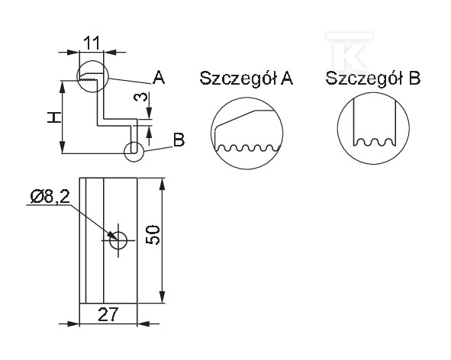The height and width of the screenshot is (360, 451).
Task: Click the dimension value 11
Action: [x=92, y=43]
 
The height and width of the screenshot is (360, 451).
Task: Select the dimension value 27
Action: [x=108, y=314]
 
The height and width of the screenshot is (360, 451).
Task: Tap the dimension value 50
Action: [x=153, y=235]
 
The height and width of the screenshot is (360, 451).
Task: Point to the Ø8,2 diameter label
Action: [x=50, y=198]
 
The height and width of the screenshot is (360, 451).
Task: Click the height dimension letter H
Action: [x=54, y=118]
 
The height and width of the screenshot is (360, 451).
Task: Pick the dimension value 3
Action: [x=141, y=98]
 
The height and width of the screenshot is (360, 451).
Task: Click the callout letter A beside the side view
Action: [x=159, y=78]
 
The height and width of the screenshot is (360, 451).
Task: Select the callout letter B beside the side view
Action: [x=179, y=140]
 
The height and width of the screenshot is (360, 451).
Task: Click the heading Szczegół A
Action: [x=246, y=79]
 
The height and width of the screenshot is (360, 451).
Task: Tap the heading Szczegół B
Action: [x=372, y=79]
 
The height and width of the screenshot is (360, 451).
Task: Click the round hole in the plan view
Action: [x=118, y=240]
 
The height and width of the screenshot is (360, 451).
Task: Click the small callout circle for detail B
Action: [x=134, y=142]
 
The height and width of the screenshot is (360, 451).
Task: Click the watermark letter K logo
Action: [x=349, y=53]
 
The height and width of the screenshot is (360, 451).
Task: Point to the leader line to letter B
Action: [x=158, y=149]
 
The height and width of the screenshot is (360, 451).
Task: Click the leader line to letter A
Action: [x=130, y=81]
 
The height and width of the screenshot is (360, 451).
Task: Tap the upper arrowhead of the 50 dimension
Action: [x=163, y=184]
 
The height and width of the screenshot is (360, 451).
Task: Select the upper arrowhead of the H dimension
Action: [x=62, y=86]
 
